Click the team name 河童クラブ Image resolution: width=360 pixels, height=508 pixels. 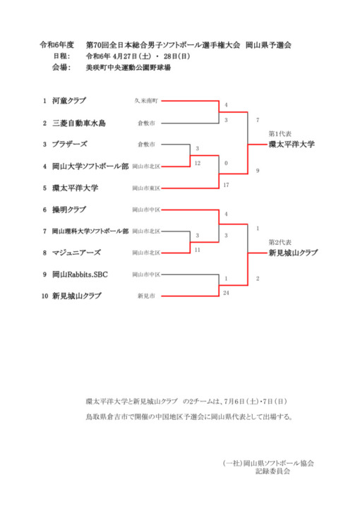tap(69, 101)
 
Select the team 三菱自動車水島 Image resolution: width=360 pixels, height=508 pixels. tap(79, 123)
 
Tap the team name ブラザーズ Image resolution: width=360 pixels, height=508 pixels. tap(70, 144)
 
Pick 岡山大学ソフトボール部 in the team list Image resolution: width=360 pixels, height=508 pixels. tap(90, 167)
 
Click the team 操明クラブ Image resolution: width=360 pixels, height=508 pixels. tap(69, 210)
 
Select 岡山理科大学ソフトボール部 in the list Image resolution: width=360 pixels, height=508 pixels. tap(90, 231)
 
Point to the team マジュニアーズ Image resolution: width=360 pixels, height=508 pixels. tap(76, 253)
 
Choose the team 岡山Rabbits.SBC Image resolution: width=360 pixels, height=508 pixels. tap(80, 274)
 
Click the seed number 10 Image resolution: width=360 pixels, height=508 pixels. tap(44, 296)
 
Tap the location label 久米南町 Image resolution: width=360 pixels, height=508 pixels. tap(146, 101)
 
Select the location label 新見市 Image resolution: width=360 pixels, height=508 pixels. tap(146, 296)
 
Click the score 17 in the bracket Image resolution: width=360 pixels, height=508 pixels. tap(226, 185)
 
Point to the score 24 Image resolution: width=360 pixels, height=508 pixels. tap(226, 293)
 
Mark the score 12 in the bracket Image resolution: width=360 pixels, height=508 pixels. tap(198, 163)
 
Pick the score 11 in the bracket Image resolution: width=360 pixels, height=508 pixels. tap(198, 250)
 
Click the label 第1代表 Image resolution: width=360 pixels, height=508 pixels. tap(280, 134)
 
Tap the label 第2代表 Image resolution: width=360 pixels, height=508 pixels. tap(280, 242)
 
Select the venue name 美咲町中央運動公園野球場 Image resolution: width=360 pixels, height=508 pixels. tap(128, 68)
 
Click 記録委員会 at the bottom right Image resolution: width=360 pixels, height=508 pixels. tap(272, 471)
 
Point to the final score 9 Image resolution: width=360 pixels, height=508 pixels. tap(258, 171)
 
